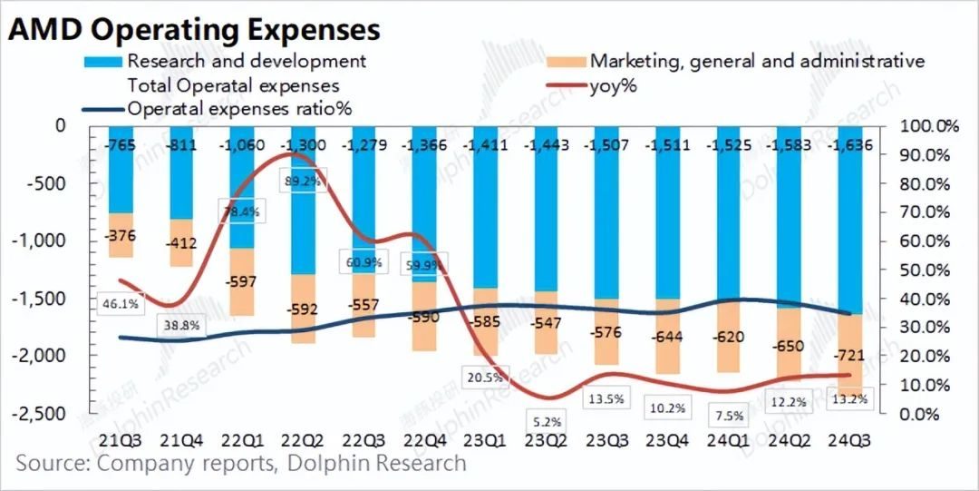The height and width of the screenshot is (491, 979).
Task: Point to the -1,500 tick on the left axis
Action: (x=42, y=299)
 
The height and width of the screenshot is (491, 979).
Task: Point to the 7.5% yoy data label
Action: (x=729, y=417)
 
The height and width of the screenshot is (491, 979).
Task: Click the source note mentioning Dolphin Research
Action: (x=241, y=464)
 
